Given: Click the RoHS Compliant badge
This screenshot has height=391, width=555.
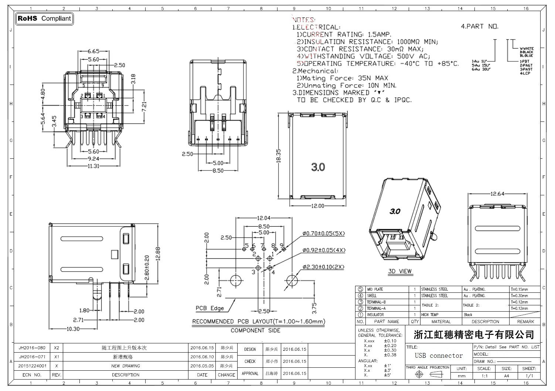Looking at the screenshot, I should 44,18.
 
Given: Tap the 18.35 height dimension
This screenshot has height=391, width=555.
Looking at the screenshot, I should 279,156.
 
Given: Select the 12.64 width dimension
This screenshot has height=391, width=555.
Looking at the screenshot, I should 497,194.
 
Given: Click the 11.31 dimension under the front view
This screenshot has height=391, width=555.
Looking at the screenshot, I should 93,166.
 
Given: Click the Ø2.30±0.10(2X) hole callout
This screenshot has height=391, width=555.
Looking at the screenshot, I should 323,267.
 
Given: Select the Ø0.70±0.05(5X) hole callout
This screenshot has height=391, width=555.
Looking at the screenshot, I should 323,234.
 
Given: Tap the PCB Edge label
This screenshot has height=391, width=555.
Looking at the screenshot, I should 210,308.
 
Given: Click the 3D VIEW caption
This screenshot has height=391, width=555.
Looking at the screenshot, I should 400,271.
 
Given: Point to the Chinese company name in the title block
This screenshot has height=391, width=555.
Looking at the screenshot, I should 474,335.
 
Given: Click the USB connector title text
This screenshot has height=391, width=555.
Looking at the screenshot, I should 439,356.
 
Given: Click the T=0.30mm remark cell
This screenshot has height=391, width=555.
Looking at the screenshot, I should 519,296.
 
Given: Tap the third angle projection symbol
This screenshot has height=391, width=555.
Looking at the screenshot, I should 429,374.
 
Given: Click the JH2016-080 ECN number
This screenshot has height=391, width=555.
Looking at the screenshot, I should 32,348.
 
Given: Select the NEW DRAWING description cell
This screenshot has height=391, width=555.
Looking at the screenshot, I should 125,366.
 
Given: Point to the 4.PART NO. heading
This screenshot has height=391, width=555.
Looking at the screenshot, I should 479,27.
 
